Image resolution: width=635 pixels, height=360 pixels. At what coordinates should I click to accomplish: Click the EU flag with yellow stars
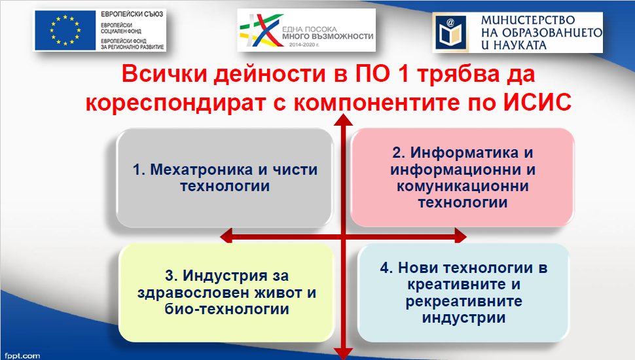[x=65, y=30]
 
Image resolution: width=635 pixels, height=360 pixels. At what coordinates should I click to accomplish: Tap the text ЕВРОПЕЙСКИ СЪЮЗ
[x=132, y=14]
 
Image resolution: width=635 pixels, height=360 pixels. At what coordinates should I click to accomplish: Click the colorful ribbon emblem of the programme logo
[x=262, y=30]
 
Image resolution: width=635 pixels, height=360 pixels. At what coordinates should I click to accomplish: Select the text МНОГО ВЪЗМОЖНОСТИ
[x=327, y=37]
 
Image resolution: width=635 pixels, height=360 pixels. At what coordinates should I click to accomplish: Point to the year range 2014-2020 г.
[x=304, y=45]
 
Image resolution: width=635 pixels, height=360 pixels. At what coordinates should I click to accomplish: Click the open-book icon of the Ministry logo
[x=451, y=32]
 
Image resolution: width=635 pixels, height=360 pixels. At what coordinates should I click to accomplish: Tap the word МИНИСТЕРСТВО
[x=528, y=20]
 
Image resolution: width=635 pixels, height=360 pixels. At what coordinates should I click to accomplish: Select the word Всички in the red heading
[x=164, y=74]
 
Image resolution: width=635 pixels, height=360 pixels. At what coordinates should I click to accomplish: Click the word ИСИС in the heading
[x=537, y=102]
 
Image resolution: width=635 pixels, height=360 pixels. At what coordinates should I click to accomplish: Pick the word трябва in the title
[x=458, y=75]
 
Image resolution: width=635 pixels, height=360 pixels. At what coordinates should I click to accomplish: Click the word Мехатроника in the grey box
[x=202, y=170]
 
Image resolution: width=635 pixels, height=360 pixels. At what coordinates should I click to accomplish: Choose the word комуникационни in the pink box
[x=463, y=187]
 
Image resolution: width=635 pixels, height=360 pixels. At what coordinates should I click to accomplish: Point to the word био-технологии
[x=227, y=310]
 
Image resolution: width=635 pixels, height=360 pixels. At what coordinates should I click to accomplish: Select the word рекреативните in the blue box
[x=464, y=302]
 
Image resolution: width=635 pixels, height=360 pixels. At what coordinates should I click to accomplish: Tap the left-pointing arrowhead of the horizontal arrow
[x=226, y=235]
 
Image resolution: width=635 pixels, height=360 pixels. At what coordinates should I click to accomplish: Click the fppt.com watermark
[x=23, y=356]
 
